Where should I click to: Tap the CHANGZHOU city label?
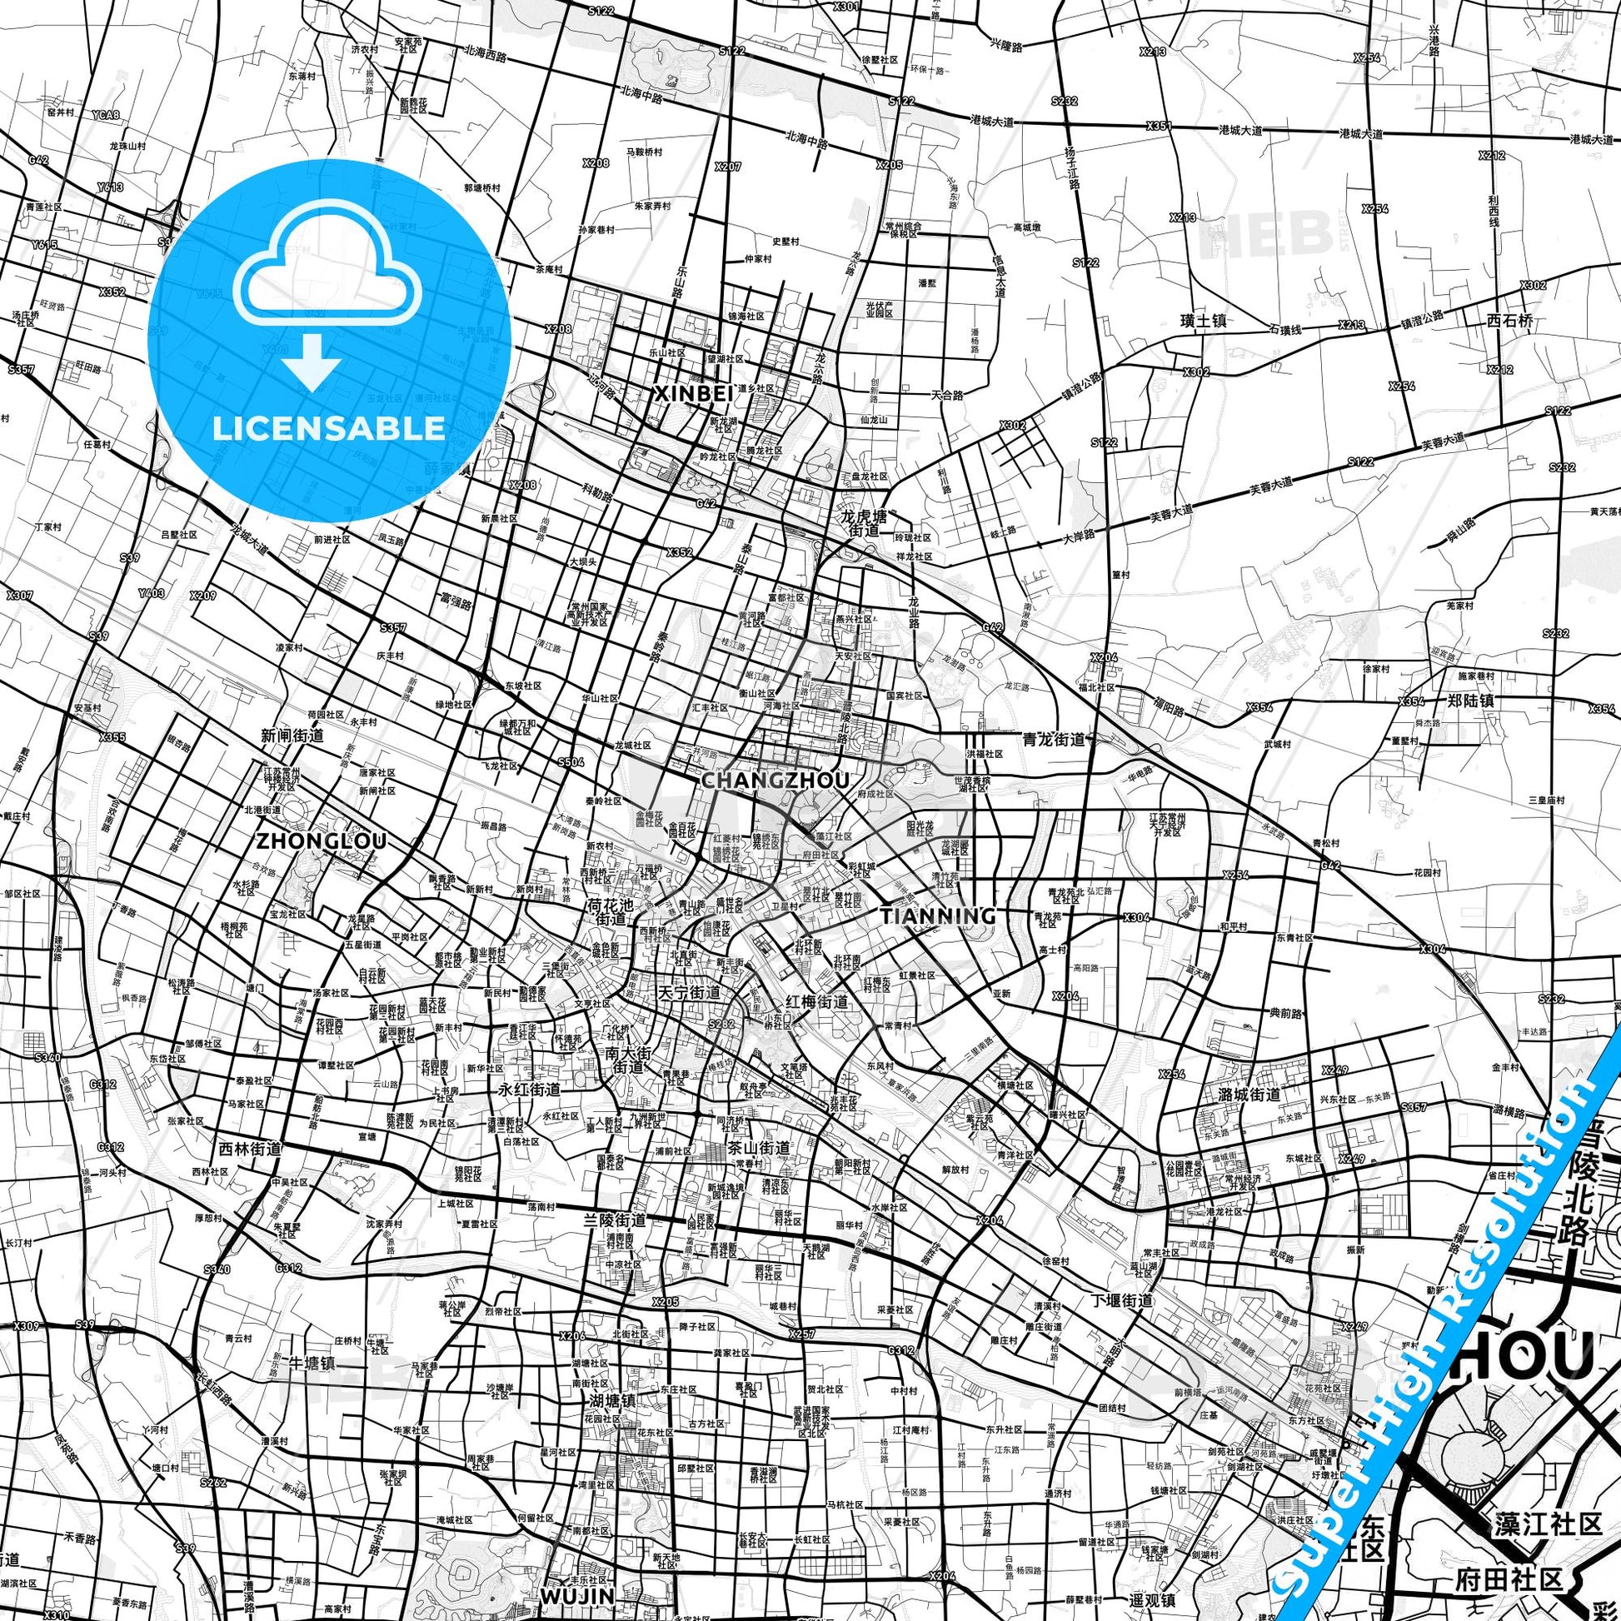[775, 781]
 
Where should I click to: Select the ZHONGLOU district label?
[322, 840]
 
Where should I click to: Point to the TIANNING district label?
[937, 915]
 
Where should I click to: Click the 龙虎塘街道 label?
[863, 524]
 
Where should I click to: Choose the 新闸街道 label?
[292, 736]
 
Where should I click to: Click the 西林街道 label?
[249, 1149]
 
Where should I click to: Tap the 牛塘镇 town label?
[312, 1363]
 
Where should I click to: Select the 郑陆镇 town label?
[1471, 700]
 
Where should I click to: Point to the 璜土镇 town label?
[1204, 320]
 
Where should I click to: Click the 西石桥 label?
[1509, 320]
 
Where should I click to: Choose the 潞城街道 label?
[1250, 1094]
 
